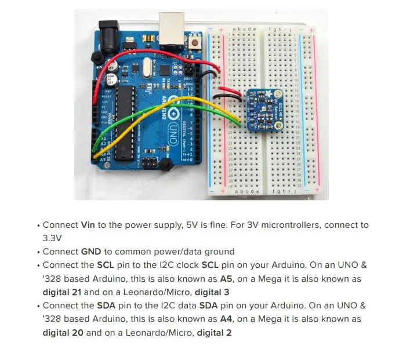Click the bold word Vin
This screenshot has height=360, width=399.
point(88,225)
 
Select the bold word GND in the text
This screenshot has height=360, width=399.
point(92,252)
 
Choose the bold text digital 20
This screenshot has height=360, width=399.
point(63,333)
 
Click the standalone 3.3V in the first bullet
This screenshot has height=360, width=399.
point(52,238)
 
